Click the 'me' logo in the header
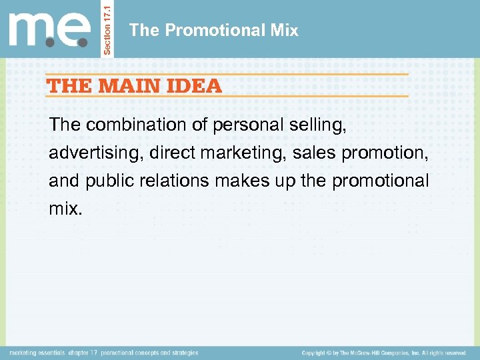coord(49,29)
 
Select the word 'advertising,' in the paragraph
coord(96,153)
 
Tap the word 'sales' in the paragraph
coord(315,153)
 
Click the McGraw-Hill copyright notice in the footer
coord(383,353)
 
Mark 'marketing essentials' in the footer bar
coord(37,353)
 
